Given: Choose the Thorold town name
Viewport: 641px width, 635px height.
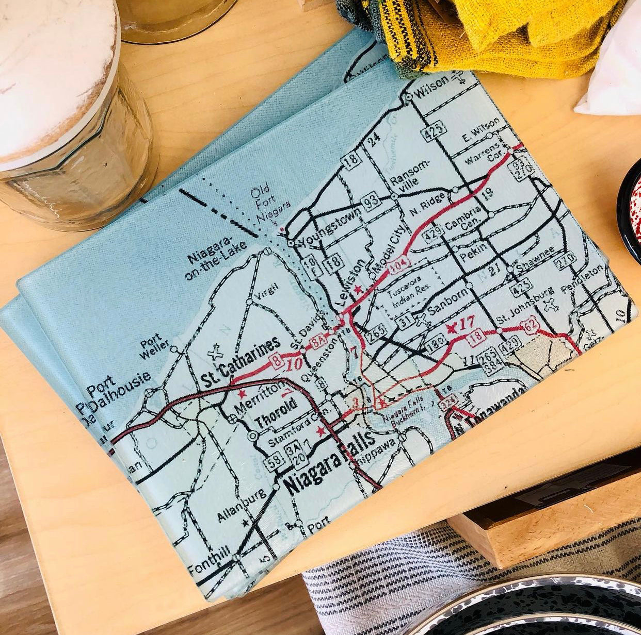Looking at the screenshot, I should click(276, 413).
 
